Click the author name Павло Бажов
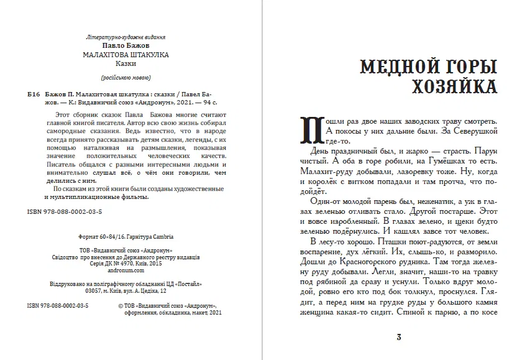tap(126, 46)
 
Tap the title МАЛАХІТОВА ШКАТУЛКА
tap(126, 54)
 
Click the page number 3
tap(399, 338)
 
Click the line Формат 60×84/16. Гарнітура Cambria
tap(126, 237)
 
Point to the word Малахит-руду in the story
tap(325, 170)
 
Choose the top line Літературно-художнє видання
tap(126, 38)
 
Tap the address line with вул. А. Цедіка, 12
tap(126, 290)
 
